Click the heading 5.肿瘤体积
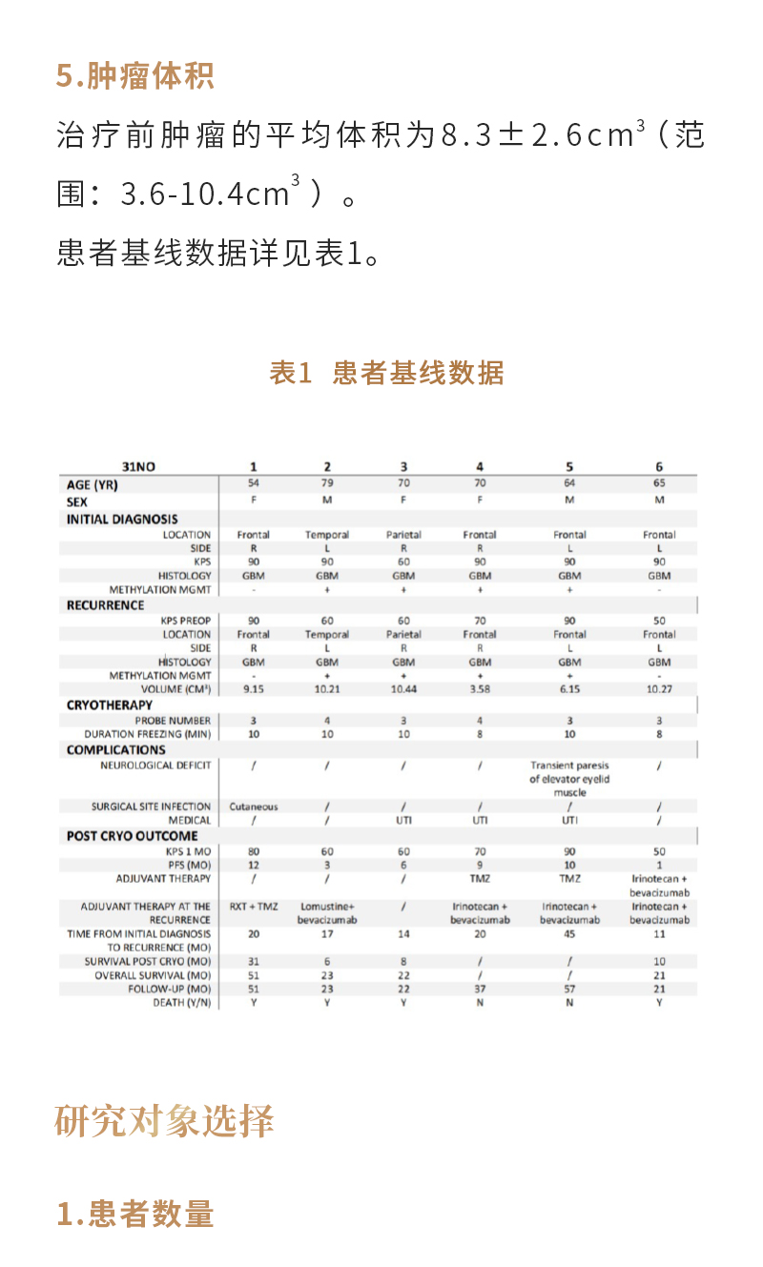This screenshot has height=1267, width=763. point(134,76)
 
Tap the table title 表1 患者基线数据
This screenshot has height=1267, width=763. point(386,373)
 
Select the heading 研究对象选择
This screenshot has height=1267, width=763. point(165,1120)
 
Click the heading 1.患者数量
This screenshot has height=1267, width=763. point(134,1214)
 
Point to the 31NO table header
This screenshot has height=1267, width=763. point(138,466)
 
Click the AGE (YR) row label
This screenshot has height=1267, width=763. point(93,484)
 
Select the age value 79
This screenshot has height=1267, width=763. point(327,483)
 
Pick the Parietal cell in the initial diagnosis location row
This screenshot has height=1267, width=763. point(403,535)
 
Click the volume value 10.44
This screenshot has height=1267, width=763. point(403,688)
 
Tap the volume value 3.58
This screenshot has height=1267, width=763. point(480,688)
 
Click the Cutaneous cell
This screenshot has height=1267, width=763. point(254,807)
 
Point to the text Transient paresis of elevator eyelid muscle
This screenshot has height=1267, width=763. point(569,779)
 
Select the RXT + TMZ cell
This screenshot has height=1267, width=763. point(254,907)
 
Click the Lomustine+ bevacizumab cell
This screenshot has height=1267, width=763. point(327,913)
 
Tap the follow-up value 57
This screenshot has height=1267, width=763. point(569,989)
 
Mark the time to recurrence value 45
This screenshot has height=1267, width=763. point(569,934)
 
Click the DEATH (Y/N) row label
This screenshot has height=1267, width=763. point(181,1002)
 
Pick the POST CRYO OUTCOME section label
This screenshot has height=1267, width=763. point(133,836)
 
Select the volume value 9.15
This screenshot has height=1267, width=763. point(254,688)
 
